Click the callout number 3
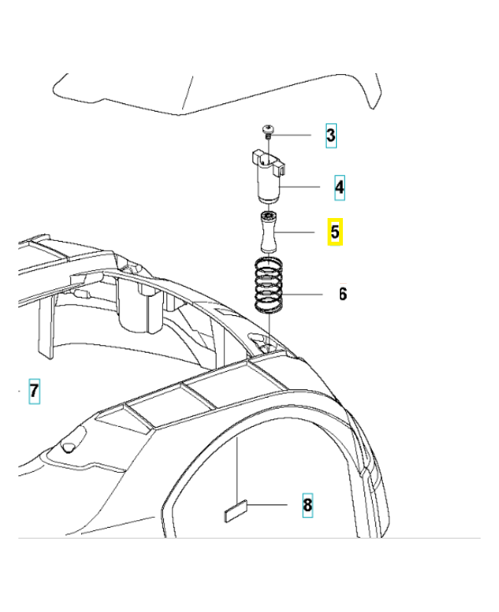coord(331,135)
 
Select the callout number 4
coord(338,186)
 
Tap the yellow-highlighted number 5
coord(335,232)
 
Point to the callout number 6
coord(342,294)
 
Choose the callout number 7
coord(34,391)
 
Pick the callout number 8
coord(307,505)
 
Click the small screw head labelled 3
coord(269,131)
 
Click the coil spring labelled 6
coord(268,287)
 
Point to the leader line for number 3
coord(295,135)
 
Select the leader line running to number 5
coord(298,232)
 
